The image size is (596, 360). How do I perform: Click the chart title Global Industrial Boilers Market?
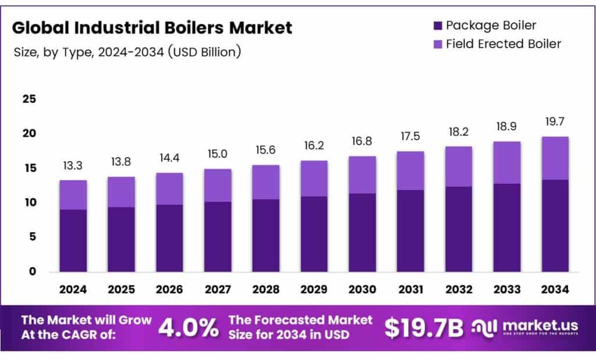[152, 27]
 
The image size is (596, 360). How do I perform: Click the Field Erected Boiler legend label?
[503, 44]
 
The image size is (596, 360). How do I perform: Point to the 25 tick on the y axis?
[29, 99]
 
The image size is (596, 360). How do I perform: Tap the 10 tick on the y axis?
[29, 202]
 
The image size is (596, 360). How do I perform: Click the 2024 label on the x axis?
[73, 289]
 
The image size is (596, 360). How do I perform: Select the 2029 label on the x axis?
[314, 289]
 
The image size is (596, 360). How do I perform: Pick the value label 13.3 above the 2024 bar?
[73, 167]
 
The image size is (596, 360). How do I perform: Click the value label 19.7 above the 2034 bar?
[555, 122]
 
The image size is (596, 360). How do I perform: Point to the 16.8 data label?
[362, 141]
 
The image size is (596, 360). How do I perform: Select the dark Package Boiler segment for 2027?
[218, 237]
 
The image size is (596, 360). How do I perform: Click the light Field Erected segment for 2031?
[410, 170]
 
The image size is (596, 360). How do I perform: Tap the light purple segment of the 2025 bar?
[121, 192]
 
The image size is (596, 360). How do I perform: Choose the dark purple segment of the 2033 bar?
[506, 227]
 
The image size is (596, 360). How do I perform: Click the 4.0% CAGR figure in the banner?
[187, 328]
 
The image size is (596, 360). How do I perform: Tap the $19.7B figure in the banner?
[424, 328]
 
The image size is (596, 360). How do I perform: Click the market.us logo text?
[535, 325]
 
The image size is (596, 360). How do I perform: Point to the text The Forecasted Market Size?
[300, 320]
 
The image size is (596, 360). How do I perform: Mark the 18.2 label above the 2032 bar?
[459, 131]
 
